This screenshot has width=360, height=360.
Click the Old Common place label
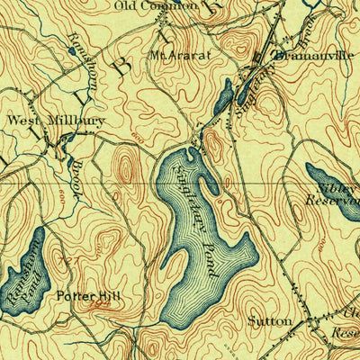pyautogui.click(x=156, y=6)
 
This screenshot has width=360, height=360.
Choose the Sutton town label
pyautogui.click(x=270, y=320)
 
